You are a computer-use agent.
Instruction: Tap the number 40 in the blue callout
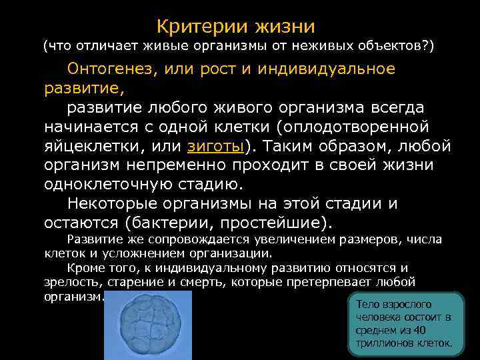coord(415,331)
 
